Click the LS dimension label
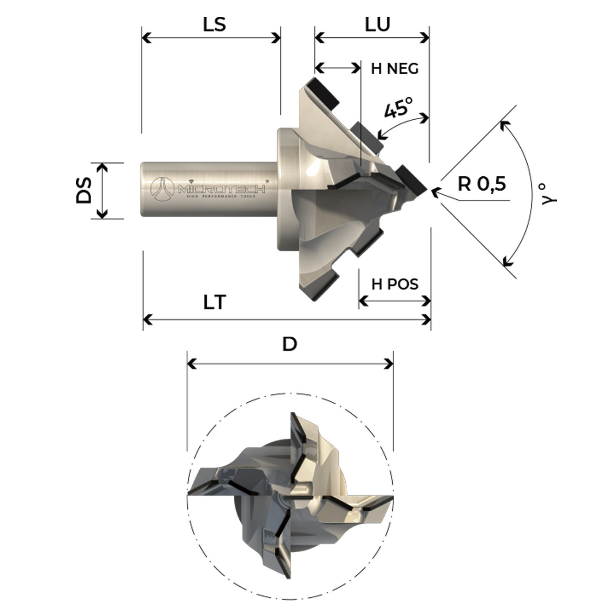click(x=214, y=24)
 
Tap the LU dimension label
click(x=377, y=24)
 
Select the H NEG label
click(x=394, y=68)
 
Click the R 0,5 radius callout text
click(x=482, y=184)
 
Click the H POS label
click(x=395, y=284)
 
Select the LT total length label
click(x=215, y=303)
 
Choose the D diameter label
click(x=289, y=344)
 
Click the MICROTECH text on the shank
click(x=221, y=189)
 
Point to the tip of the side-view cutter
click(x=428, y=190)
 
